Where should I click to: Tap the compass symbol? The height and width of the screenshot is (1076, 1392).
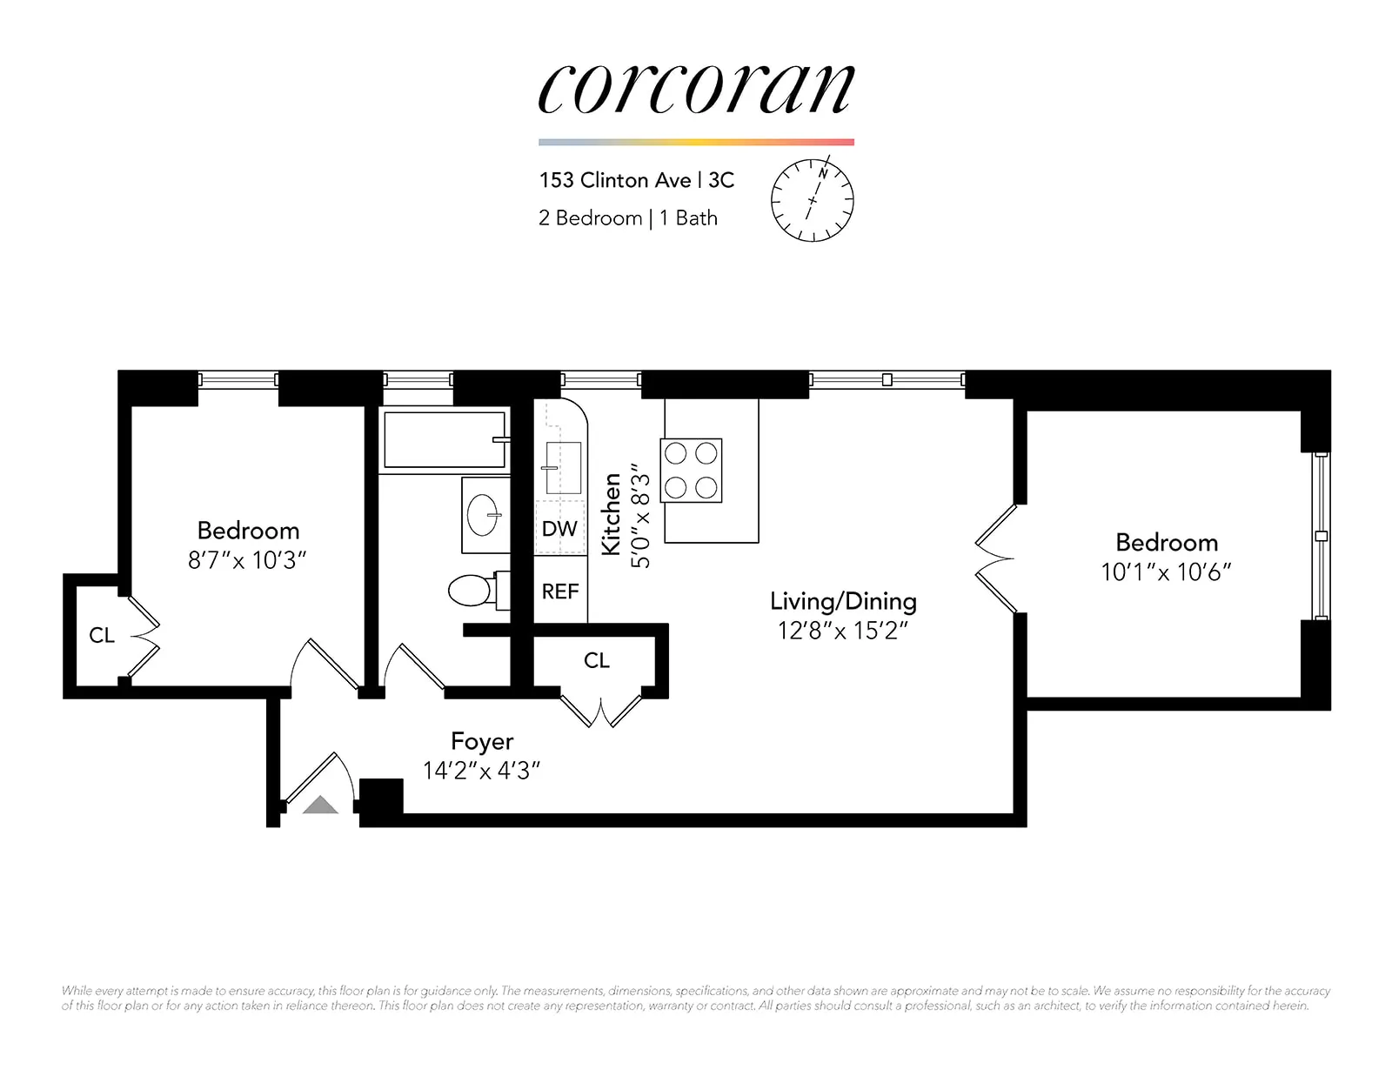tap(812, 200)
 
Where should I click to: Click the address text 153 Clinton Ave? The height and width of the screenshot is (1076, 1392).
tap(614, 180)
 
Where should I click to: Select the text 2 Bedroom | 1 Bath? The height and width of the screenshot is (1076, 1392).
tap(627, 217)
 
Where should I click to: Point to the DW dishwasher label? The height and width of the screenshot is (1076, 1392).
tap(559, 529)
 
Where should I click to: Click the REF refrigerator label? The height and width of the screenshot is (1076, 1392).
tap(559, 591)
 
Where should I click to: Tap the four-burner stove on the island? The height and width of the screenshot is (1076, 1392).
tap(691, 471)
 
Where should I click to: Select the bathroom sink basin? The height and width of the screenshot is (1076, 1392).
tap(484, 515)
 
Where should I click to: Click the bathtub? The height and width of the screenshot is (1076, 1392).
tap(444, 440)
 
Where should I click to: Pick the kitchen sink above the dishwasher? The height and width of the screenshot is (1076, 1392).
tap(562, 467)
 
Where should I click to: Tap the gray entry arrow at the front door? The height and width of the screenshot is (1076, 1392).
tap(320, 805)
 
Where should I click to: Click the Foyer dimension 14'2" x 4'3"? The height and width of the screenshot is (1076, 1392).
tap(481, 771)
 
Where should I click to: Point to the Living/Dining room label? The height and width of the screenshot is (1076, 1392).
tap(842, 601)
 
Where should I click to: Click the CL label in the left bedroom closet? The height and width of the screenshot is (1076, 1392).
tap(102, 636)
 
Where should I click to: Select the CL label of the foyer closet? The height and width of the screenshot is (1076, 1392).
tap(597, 661)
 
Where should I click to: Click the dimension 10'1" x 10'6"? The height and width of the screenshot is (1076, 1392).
tap(1166, 571)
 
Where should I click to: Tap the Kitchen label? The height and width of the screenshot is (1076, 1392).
tap(612, 514)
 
